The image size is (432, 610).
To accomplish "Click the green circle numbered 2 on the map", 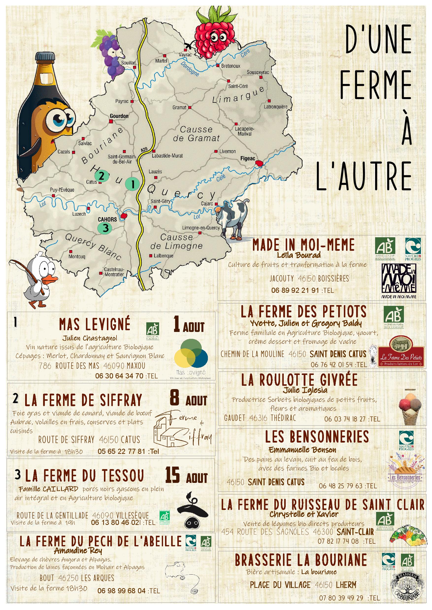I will pos(101,176).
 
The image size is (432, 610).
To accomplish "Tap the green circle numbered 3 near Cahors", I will pos(105,228).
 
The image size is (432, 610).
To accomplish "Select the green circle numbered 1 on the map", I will pos(132,184).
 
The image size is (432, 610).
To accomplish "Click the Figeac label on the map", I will pos(248,159).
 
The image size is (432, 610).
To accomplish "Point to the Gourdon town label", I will pos(119,116).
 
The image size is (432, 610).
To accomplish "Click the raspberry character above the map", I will pos(215,34).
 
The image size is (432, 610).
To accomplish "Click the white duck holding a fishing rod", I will pos(40,279).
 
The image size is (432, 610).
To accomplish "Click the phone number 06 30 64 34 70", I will pos(119,376).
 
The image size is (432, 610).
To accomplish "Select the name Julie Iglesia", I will pos(305,390).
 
